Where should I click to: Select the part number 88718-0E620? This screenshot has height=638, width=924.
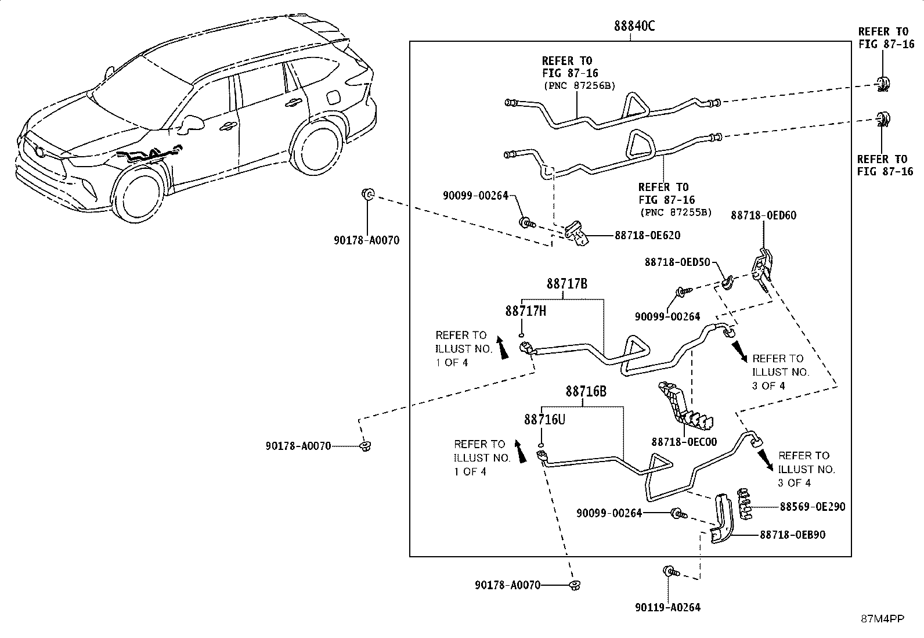tap(647, 235)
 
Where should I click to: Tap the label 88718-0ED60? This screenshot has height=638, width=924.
tap(764, 215)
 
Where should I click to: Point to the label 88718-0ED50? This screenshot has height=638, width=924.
tap(677, 262)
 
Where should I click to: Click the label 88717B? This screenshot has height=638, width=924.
tap(567, 284)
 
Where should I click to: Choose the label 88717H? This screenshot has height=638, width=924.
tap(525, 311)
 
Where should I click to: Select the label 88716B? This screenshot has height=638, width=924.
tap(586, 391)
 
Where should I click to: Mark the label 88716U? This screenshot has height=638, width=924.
tap(544, 420)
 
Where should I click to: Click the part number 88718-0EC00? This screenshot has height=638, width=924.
tap(684, 442)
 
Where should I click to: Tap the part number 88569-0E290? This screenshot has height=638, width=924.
tap(812, 507)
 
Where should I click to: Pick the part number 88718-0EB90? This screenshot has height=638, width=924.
tap(792, 535)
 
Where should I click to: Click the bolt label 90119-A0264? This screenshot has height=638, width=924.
tap(667, 607)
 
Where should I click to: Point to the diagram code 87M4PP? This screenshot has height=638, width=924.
tap(882, 619)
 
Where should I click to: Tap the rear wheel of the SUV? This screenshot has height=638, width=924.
tap(317, 147)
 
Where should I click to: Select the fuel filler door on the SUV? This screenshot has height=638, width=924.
tap(333, 98)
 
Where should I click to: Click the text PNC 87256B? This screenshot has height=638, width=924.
tap(579, 86)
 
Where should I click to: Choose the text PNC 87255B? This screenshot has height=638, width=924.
tap(676, 212)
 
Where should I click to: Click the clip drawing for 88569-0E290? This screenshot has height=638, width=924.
tap(744, 504)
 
